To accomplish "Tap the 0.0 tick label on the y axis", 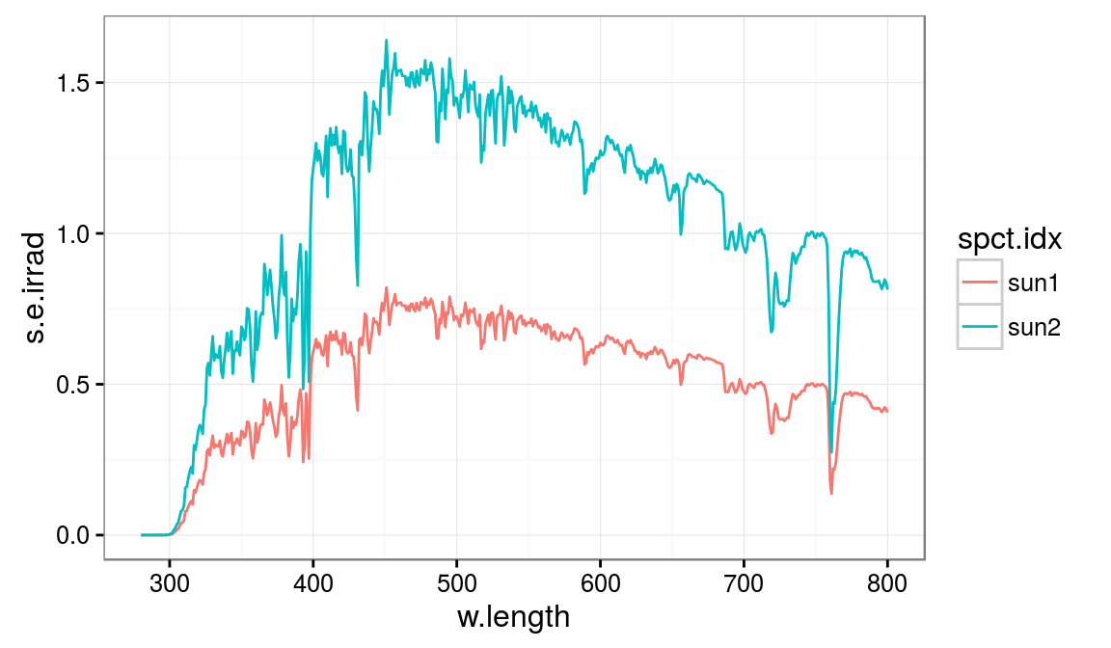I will click(x=73, y=535).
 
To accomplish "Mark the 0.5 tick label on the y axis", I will click(x=73, y=385).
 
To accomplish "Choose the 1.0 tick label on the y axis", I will click(x=73, y=233).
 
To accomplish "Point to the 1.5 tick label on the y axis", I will click(x=73, y=83).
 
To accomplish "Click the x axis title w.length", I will click(x=514, y=617).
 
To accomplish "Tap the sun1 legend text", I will click(x=1034, y=283).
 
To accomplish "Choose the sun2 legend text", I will click(x=1034, y=328).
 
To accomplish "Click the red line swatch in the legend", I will click(x=980, y=283).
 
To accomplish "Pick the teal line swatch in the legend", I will click(x=980, y=328).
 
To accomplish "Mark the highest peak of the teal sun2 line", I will click(x=386, y=40).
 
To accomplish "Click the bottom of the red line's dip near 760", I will click(x=831, y=494).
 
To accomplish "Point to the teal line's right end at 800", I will click(x=887, y=287).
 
